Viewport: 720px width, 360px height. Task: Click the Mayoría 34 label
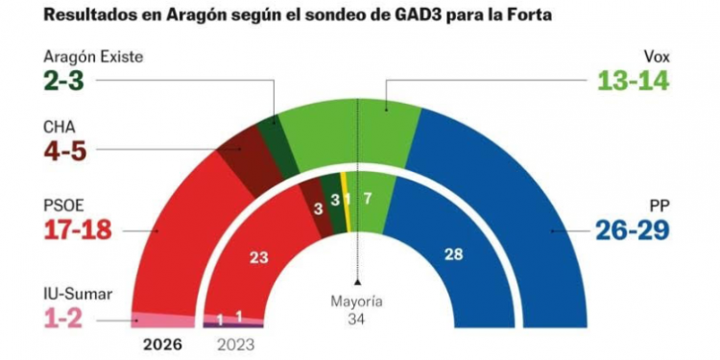pos(357,310)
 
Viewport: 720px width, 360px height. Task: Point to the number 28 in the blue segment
pos(453,253)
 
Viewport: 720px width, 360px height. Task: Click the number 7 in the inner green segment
pos(369,199)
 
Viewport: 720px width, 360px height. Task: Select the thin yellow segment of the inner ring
pos(348,204)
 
